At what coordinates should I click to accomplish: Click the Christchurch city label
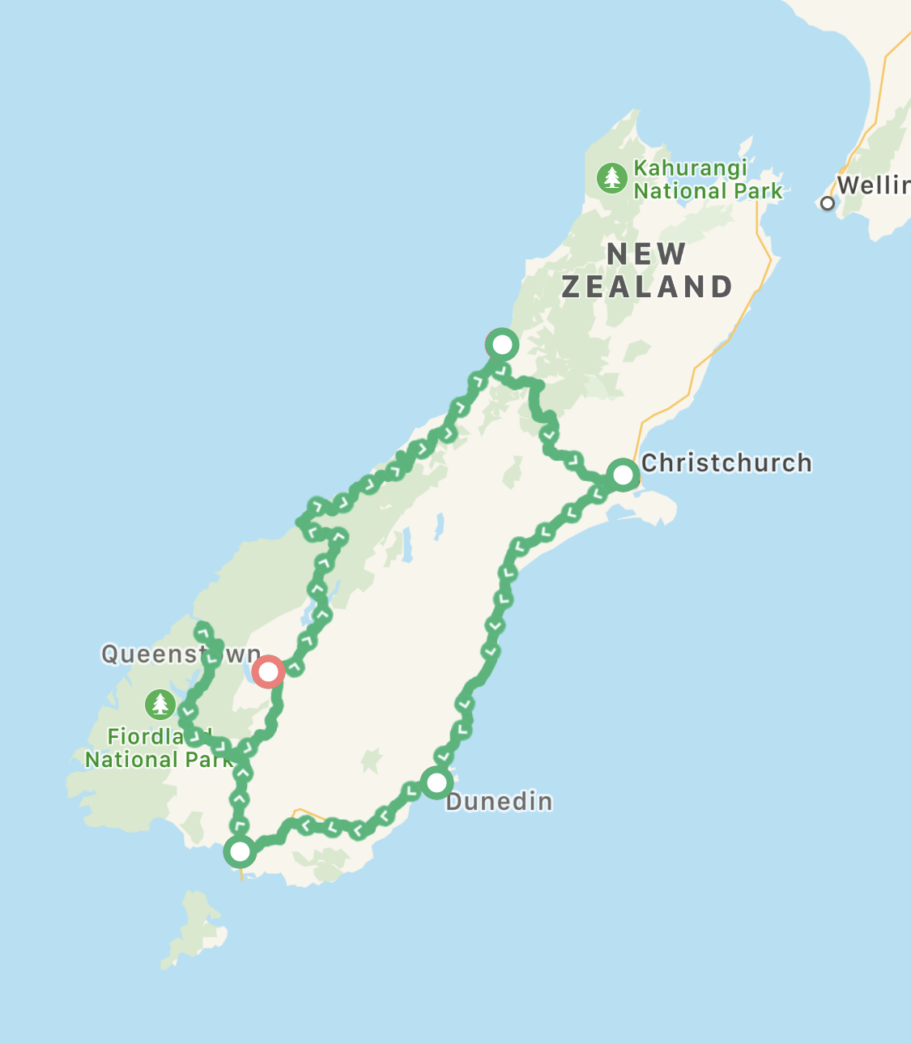(x=726, y=463)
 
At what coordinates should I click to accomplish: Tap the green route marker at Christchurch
(x=623, y=474)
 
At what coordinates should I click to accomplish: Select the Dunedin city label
(x=499, y=802)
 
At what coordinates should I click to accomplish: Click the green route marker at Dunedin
(x=436, y=782)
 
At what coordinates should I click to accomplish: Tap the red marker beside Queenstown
(x=267, y=671)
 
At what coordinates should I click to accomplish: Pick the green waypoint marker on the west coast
(x=502, y=345)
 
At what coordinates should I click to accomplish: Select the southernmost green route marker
(x=240, y=851)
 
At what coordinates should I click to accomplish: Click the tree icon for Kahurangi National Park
(x=611, y=178)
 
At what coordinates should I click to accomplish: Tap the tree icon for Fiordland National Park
(x=160, y=704)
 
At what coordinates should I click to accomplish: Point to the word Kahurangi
(x=690, y=168)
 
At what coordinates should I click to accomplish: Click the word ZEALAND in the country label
(x=647, y=288)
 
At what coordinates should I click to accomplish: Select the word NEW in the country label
(x=646, y=254)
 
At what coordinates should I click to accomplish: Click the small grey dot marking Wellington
(x=827, y=203)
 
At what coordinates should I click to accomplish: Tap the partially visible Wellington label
(x=873, y=185)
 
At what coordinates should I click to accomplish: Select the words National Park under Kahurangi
(x=708, y=192)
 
